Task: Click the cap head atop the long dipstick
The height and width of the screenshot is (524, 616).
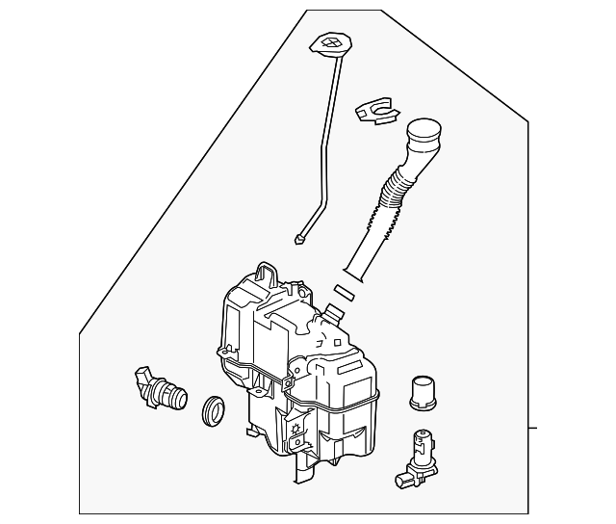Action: click(x=329, y=43)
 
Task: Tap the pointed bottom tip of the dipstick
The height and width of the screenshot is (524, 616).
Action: click(x=301, y=240)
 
